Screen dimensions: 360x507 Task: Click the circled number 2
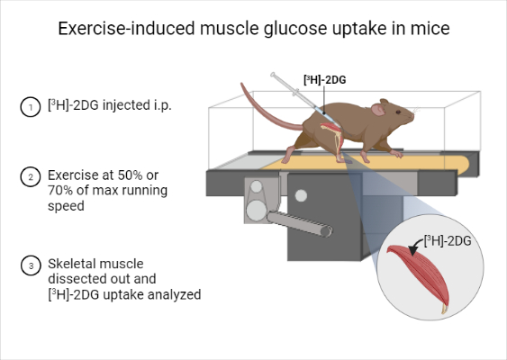[x=29, y=177]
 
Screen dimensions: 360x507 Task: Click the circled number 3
[x=29, y=265]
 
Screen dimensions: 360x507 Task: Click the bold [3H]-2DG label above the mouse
[x=326, y=78]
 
